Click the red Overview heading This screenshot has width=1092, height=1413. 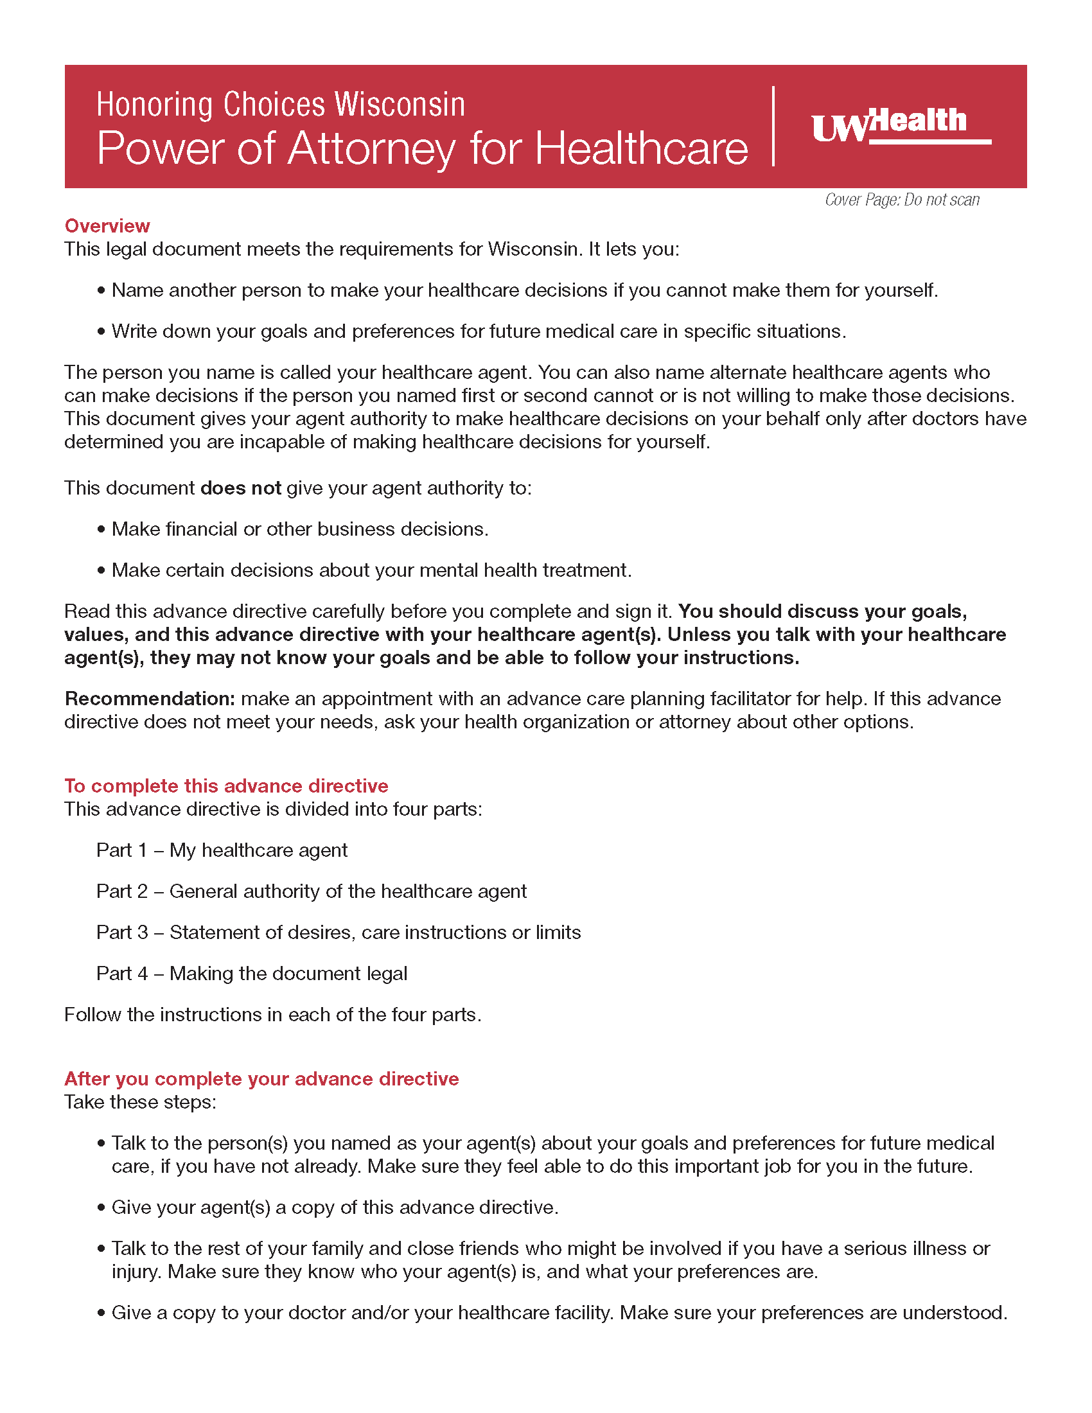[x=107, y=226]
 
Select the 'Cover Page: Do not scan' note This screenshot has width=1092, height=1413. [x=902, y=200]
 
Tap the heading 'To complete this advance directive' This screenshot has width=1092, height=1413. [x=225, y=785]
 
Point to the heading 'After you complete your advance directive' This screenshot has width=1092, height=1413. [x=261, y=1078]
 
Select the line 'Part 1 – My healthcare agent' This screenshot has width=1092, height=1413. [x=222, y=850]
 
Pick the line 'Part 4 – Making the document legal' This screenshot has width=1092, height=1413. [x=252, y=973]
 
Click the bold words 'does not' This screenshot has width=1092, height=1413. [x=241, y=488]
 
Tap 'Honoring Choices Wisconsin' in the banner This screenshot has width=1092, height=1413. [x=281, y=105]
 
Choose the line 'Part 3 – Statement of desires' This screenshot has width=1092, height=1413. [x=339, y=933]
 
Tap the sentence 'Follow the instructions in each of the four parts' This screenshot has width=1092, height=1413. [x=272, y=1014]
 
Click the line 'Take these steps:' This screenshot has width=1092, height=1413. [x=141, y=1101]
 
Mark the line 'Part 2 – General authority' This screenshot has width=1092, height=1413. [x=311, y=891]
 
